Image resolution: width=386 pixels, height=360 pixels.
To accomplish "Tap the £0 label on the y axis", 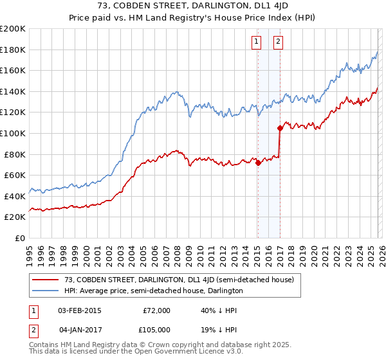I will [x=20, y=238].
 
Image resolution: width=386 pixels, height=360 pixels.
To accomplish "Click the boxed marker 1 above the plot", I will [x=257, y=42].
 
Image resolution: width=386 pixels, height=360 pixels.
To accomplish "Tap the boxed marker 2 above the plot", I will [x=278, y=42].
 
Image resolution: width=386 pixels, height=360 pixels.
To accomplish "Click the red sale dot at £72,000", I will [x=258, y=163].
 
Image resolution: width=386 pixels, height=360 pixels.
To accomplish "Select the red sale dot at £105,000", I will [x=280, y=128].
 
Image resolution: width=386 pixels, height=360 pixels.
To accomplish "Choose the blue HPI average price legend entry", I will [x=153, y=291].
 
